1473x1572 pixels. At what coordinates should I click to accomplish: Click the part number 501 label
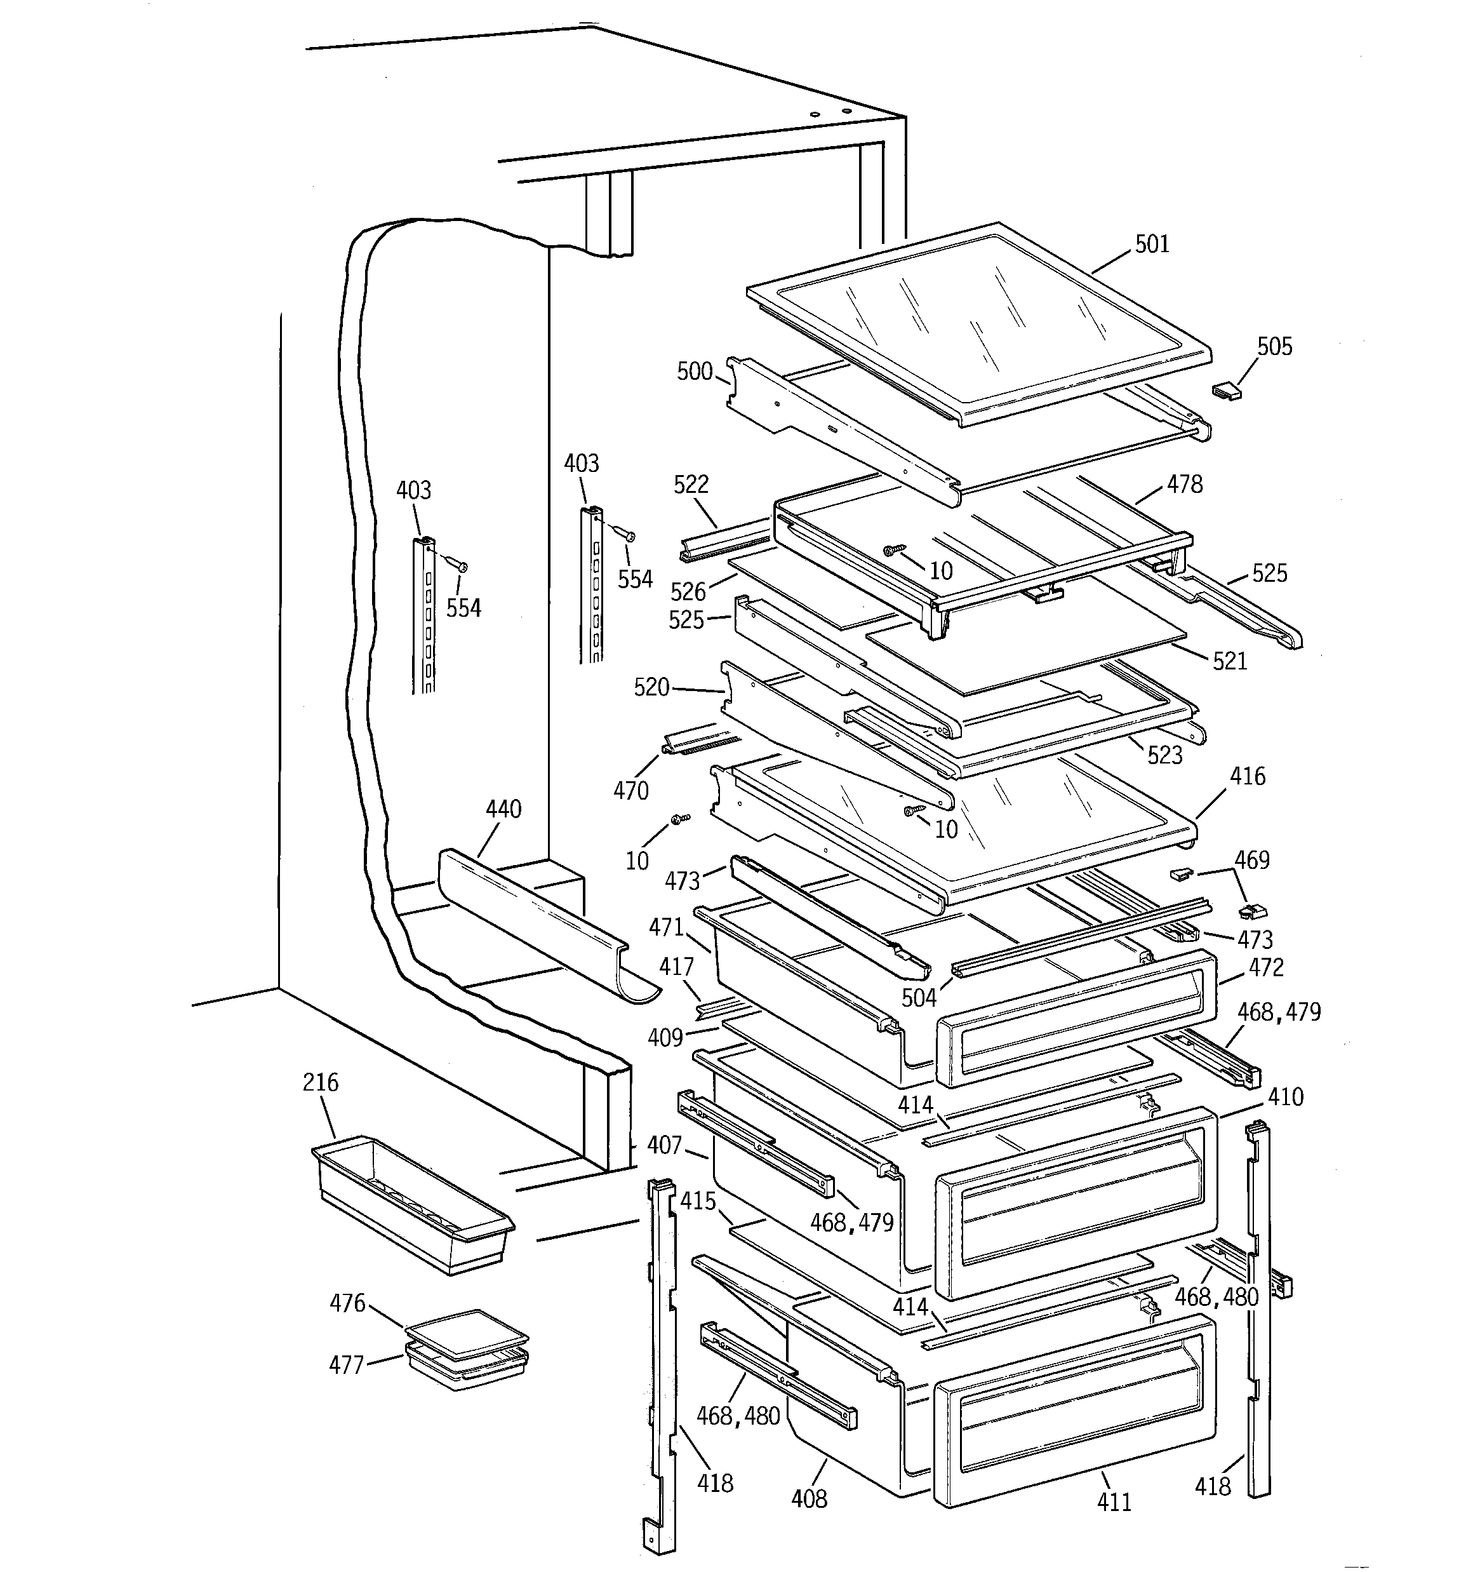coord(1151,245)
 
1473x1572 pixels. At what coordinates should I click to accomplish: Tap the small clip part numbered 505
coord(1226,391)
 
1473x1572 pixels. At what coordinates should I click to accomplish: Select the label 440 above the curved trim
coord(503,809)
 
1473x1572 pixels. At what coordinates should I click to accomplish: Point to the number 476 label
coord(347,1302)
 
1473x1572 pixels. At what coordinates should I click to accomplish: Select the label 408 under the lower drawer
coord(809,1498)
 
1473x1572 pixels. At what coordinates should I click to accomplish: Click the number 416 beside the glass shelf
coord(1247,777)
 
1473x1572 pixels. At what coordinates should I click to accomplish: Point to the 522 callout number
coord(690,485)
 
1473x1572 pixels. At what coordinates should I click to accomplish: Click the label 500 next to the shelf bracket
coord(694,372)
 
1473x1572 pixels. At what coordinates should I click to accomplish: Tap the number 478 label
coord(1183,484)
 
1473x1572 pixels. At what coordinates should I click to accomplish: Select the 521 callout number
coord(1229,661)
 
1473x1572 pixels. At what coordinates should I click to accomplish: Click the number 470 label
coord(630,790)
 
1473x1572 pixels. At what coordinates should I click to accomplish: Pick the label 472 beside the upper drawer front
coord(1266,967)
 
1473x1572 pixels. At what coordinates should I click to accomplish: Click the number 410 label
coord(1285,1097)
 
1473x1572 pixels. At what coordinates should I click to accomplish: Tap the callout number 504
coord(919,998)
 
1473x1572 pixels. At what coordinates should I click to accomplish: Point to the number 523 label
coord(1164,755)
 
